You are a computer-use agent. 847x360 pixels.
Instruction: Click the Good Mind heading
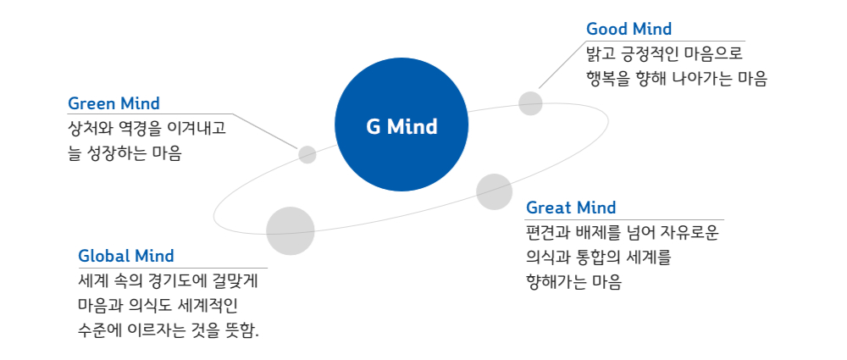point(628,29)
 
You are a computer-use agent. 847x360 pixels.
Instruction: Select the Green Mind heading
point(113,102)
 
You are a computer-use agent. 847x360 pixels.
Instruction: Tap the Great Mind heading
point(570,208)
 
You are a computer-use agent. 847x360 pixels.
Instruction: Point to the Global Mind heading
point(126,256)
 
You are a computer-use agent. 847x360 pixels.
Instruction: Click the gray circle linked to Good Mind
point(530,103)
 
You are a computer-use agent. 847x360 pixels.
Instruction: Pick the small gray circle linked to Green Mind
point(307,155)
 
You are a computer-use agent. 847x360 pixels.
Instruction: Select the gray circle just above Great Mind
point(495,192)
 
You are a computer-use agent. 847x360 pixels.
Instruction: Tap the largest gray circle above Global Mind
point(291,230)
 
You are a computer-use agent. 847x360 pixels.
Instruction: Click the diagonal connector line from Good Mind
point(562,64)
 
